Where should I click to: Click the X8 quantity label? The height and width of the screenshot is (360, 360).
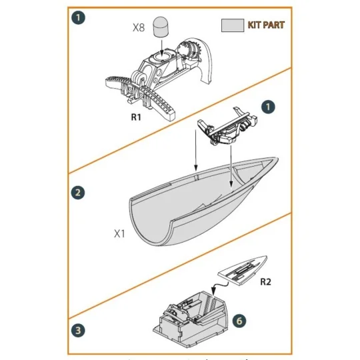click(x=139, y=29)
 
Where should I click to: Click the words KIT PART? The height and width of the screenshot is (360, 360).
click(x=265, y=25)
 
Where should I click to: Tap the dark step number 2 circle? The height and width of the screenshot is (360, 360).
click(x=78, y=193)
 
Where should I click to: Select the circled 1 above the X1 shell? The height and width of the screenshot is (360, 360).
click(x=267, y=107)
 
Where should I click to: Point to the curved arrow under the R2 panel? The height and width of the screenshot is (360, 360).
click(x=215, y=286)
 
